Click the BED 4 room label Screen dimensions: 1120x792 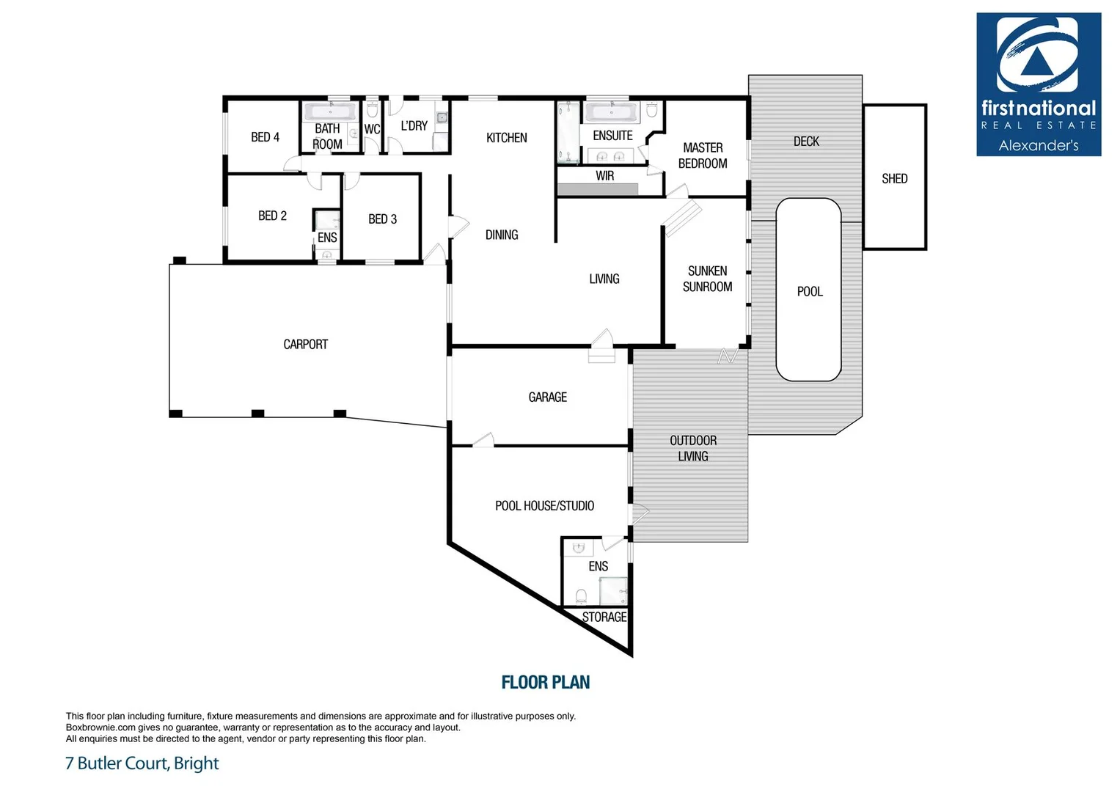(265, 137)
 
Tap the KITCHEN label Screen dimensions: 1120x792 (506, 138)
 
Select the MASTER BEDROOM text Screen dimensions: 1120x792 (703, 155)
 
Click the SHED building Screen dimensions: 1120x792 (894, 178)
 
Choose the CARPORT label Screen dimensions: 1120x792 (305, 344)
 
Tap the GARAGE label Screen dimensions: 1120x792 (547, 397)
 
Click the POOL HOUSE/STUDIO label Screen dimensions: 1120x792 (544, 505)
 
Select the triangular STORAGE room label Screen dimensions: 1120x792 (604, 617)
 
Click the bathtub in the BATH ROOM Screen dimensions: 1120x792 (330, 111)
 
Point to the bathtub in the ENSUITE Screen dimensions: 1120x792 (610, 112)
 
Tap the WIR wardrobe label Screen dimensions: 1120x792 (604, 176)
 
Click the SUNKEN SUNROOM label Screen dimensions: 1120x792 (707, 279)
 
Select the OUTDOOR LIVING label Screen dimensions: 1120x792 (692, 448)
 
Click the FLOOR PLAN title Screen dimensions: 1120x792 (545, 682)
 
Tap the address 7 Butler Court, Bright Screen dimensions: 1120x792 (142, 763)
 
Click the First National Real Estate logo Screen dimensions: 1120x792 (1038, 84)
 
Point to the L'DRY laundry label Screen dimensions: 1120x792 (414, 126)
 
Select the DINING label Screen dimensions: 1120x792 (501, 235)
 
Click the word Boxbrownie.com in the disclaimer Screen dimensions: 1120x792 (100, 727)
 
